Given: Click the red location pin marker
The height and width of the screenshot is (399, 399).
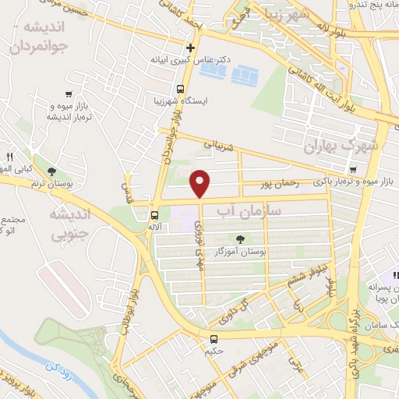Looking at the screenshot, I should click(201, 183).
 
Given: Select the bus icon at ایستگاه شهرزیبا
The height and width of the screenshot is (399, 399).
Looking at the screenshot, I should click(179, 89).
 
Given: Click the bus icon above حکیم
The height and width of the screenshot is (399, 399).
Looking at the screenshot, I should click(214, 339).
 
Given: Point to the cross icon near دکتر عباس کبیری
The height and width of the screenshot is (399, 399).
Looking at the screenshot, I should click(190, 47).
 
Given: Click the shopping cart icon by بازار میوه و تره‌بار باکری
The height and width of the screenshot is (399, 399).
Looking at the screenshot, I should click(355, 170).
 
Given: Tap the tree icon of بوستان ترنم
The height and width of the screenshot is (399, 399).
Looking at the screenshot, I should click(51, 171).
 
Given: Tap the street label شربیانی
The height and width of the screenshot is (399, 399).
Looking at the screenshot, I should click(217, 144).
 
